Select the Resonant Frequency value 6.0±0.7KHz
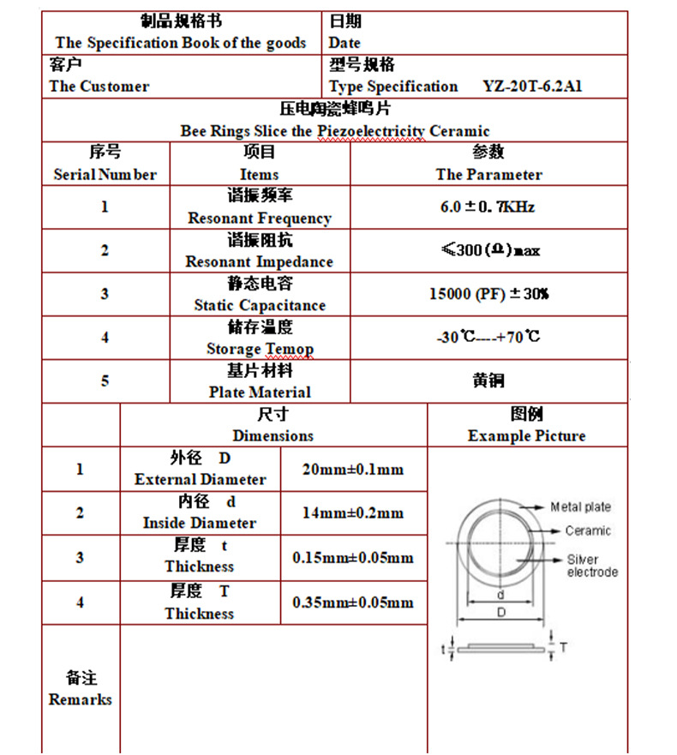[x=487, y=207]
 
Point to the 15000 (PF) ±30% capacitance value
[x=488, y=294]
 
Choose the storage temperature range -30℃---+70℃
[x=488, y=337]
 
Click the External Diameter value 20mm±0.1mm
[x=353, y=470]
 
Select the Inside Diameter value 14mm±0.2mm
[x=353, y=513]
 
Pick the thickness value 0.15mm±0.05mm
[x=353, y=558]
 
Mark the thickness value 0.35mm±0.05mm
[x=353, y=602]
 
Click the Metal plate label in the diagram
[x=580, y=507]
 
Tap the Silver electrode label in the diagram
[x=591, y=566]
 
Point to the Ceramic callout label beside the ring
[x=588, y=531]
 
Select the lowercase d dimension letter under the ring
[x=500, y=593]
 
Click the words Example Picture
[x=526, y=435]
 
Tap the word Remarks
[x=81, y=699]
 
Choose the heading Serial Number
[x=105, y=175]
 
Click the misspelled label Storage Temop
[x=260, y=349]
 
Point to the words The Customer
[x=99, y=87]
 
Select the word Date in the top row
[x=344, y=43]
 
